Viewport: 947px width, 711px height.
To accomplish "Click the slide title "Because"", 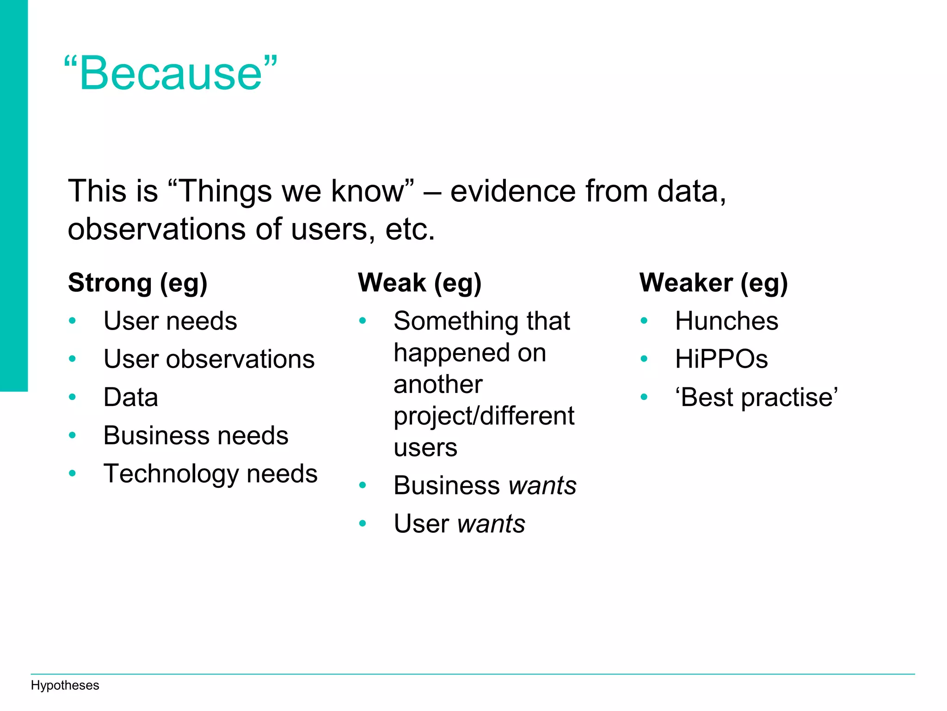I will [x=171, y=73].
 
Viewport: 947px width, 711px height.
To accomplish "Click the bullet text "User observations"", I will [x=209, y=359].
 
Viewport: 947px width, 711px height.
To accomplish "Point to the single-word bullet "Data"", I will [x=131, y=397].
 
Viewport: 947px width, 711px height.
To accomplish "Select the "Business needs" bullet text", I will [x=196, y=436].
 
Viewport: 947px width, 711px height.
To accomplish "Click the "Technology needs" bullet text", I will [x=210, y=474].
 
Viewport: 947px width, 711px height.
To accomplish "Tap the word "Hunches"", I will [x=726, y=321].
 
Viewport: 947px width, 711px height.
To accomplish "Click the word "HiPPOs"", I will [x=721, y=359].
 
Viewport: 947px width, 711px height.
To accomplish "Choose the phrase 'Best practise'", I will [x=756, y=397].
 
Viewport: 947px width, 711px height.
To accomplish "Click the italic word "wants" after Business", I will [x=542, y=486].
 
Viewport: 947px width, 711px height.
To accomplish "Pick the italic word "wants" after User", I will [x=491, y=524].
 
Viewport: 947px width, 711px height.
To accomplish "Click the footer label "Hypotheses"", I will [x=65, y=686].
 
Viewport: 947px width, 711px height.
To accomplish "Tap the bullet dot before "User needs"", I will [x=72, y=321].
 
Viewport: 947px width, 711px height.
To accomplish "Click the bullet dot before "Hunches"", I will [x=644, y=321].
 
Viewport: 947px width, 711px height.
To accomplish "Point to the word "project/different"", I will [x=484, y=416].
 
